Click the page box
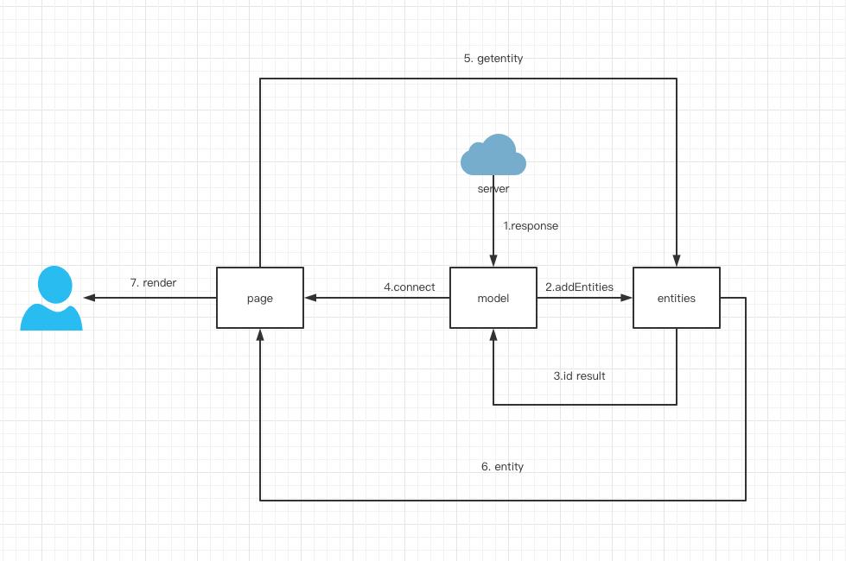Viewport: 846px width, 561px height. [x=259, y=298]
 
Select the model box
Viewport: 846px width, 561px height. [x=493, y=298]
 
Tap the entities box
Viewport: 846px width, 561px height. [x=676, y=298]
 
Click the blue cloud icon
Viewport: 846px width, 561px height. [x=493, y=155]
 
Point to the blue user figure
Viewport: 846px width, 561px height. [x=52, y=299]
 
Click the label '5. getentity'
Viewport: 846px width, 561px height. [x=493, y=59]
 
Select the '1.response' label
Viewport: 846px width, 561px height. [x=531, y=226]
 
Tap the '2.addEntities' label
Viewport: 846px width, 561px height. [x=579, y=287]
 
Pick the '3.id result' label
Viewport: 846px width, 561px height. [x=579, y=376]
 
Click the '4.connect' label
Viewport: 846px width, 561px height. [x=410, y=287]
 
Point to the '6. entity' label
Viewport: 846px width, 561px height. [x=502, y=467]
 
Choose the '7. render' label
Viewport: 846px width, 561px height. [x=153, y=283]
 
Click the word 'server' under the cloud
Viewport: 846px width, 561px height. [x=493, y=189]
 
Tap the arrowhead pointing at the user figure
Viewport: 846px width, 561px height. [x=89, y=298]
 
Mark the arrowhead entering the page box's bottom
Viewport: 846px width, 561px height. [x=260, y=334]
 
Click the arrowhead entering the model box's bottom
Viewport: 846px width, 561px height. [x=493, y=334]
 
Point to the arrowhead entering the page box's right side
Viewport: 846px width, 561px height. [x=309, y=298]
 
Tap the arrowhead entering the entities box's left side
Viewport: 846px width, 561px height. [x=627, y=298]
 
